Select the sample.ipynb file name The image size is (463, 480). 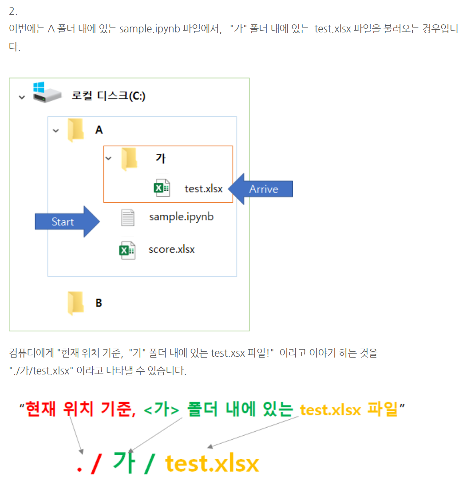[x=181, y=217]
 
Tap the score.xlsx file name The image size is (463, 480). [x=171, y=249]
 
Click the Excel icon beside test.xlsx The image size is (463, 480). [x=161, y=189]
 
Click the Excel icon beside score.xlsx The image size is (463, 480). [x=127, y=250]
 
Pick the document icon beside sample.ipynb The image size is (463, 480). [x=128, y=218]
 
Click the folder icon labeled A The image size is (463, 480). [x=76, y=130]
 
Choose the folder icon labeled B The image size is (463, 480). [x=75, y=303]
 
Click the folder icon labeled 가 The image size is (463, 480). [x=130, y=159]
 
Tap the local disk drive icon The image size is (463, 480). [x=47, y=93]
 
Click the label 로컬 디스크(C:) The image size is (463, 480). [x=108, y=96]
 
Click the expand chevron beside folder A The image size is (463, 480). [x=55, y=131]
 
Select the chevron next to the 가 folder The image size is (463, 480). [x=108, y=158]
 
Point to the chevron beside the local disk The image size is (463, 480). [x=22, y=97]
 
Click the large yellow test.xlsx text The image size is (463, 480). [x=212, y=463]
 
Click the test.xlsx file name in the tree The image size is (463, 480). [x=203, y=189]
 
